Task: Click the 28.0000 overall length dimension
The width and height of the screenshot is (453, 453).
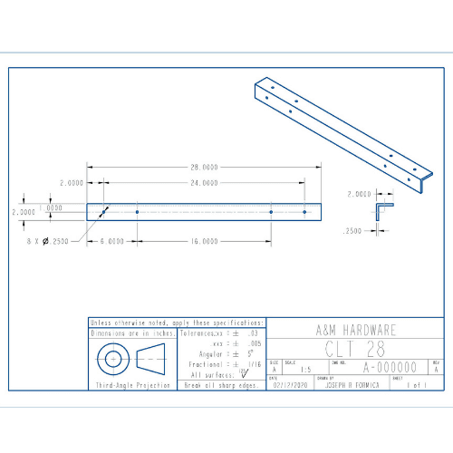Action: pyautogui.click(x=204, y=168)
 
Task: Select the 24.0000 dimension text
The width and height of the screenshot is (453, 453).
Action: pyautogui.click(x=204, y=183)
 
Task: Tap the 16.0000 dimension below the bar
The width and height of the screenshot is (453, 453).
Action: pyautogui.click(x=204, y=242)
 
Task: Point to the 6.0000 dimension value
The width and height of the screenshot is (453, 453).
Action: pyautogui.click(x=112, y=242)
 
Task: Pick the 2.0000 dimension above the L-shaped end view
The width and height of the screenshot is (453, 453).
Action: pyautogui.click(x=360, y=194)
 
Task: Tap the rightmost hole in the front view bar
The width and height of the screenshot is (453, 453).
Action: pyautogui.click(x=304, y=211)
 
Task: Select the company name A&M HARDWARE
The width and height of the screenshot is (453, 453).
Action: pyautogui.click(x=354, y=332)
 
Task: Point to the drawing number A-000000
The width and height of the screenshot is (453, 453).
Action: pyautogui.click(x=390, y=368)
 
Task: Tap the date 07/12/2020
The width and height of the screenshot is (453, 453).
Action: pyautogui.click(x=289, y=384)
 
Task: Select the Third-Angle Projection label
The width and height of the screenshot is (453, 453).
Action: pyautogui.click(x=133, y=386)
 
